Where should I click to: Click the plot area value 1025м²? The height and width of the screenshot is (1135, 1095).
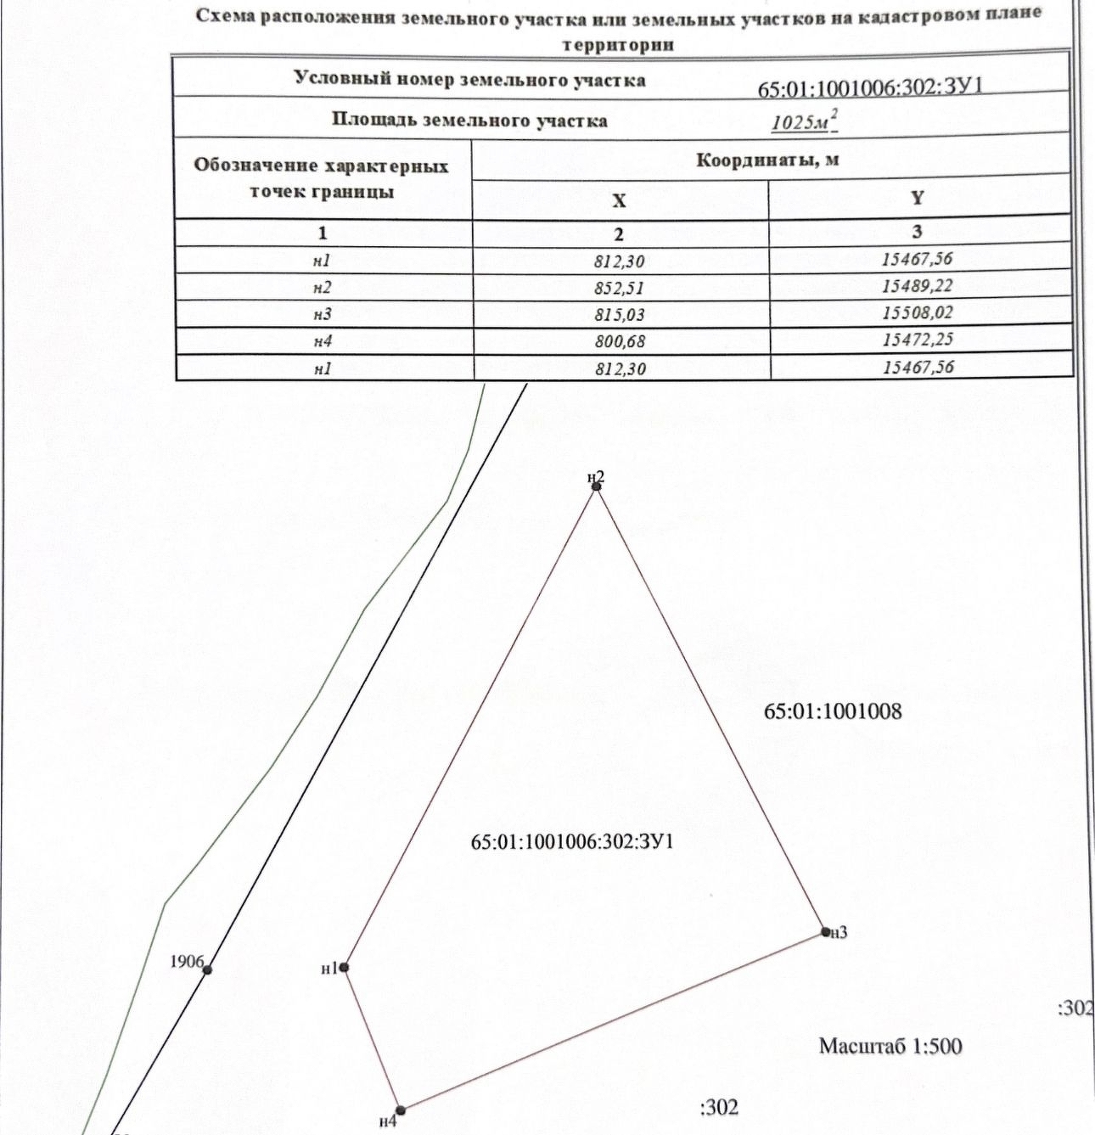804,122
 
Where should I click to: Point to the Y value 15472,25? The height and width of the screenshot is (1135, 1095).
917,340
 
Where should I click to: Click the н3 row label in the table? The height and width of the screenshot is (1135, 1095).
322,314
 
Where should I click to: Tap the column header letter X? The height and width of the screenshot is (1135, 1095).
619,200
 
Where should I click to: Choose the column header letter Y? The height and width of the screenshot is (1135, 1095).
917,198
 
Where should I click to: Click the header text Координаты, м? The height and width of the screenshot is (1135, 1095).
767,160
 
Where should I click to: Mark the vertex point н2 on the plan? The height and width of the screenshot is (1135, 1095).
597,486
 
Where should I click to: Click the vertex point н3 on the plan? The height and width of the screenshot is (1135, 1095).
825,931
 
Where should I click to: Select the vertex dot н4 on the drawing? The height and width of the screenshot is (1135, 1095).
401,1110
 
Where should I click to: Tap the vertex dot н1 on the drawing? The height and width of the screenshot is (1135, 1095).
344,967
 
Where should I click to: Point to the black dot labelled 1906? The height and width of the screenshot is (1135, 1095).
207,969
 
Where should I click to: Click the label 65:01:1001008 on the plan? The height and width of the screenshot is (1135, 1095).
833,711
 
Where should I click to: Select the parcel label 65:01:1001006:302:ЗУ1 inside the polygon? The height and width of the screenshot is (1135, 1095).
572,842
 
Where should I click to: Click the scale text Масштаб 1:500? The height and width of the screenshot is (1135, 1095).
890,1046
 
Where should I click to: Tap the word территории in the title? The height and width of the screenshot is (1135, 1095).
618,45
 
